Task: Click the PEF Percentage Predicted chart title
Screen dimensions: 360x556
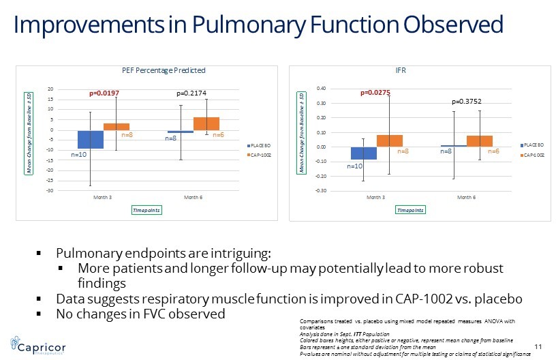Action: pos(163,70)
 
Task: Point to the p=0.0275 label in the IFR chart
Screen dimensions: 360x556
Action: pos(376,91)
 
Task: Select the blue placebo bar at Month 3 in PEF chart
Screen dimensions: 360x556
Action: pos(90,139)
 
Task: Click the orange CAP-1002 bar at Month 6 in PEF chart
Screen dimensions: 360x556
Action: pos(206,123)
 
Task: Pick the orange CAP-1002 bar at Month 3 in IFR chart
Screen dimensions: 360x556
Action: pos(389,140)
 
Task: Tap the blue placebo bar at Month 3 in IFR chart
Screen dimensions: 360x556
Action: pos(363,153)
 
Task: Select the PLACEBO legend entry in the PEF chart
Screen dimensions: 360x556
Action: pos(259,146)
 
